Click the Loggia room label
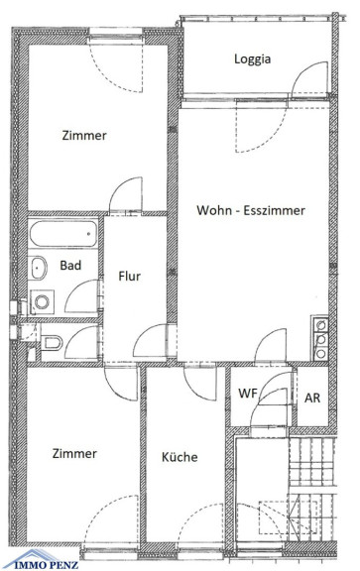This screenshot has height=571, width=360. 252,59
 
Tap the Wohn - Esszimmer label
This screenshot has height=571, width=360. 251,210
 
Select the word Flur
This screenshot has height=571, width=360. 129,276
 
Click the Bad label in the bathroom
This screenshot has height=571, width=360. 70,265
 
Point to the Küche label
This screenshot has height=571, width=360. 180,457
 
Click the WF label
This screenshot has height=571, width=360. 247,394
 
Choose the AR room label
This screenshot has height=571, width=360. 312,399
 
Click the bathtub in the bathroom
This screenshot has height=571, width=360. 63,233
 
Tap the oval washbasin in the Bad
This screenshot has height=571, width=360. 38,268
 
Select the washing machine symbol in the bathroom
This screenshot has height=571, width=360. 42,302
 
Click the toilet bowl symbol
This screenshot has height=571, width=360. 53,343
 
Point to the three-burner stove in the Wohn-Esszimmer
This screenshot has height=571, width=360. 320,338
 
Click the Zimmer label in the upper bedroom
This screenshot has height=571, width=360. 84,136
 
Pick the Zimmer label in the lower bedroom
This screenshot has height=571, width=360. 74,453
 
